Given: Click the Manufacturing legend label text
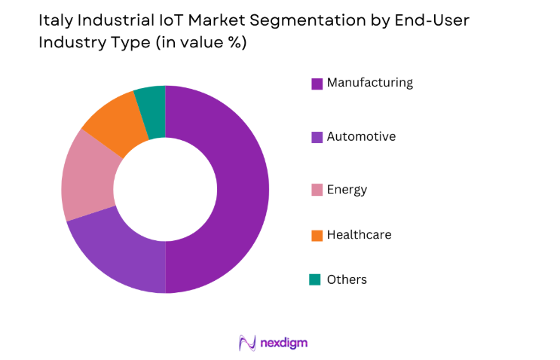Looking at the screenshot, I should [x=369, y=83].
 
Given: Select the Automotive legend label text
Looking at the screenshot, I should [x=361, y=136].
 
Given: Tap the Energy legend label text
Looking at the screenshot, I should [x=347, y=189].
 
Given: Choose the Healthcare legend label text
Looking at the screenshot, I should [x=359, y=234].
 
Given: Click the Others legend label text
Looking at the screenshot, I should [x=347, y=279].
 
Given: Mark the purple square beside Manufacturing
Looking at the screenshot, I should [x=317, y=84].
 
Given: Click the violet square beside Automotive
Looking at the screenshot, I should [x=317, y=137].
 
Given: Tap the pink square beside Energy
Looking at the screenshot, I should [x=317, y=190].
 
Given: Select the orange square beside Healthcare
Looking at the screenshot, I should [x=317, y=235].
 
